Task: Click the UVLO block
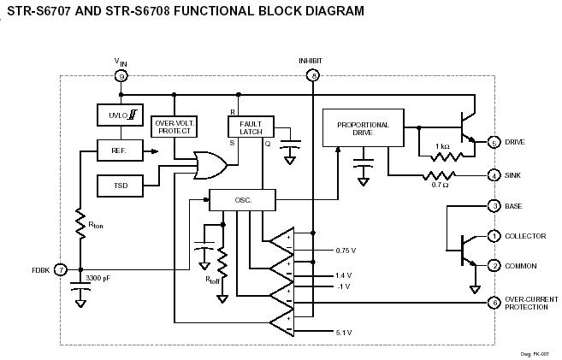click(120, 115)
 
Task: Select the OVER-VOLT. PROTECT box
click(175, 127)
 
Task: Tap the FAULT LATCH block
click(251, 127)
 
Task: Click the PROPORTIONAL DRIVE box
click(364, 128)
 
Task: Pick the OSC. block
click(243, 200)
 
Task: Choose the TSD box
click(120, 186)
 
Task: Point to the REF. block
click(120, 150)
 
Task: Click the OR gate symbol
click(210, 165)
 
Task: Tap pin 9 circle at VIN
click(121, 76)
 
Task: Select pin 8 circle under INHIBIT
click(313, 76)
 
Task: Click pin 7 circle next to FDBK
click(61, 269)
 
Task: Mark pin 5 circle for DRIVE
click(494, 143)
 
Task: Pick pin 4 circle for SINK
click(494, 175)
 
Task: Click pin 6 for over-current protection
click(494, 303)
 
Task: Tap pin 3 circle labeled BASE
click(494, 206)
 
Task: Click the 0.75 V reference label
click(346, 251)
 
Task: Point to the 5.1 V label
click(344, 333)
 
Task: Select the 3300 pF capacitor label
click(98, 278)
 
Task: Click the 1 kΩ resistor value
click(442, 146)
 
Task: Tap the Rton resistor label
click(95, 225)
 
